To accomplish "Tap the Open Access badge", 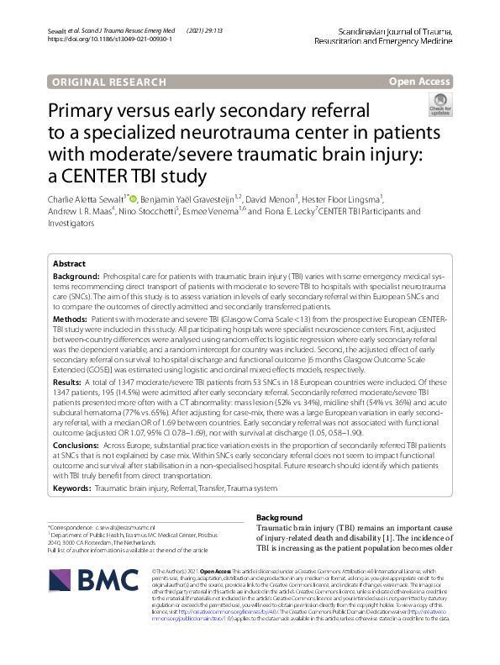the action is click(x=420, y=82).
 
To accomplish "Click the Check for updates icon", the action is click(x=439, y=104).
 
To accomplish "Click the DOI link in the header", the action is click(x=104, y=40).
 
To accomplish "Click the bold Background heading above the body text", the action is click(x=279, y=517).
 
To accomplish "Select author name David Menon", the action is click(x=267, y=198).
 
